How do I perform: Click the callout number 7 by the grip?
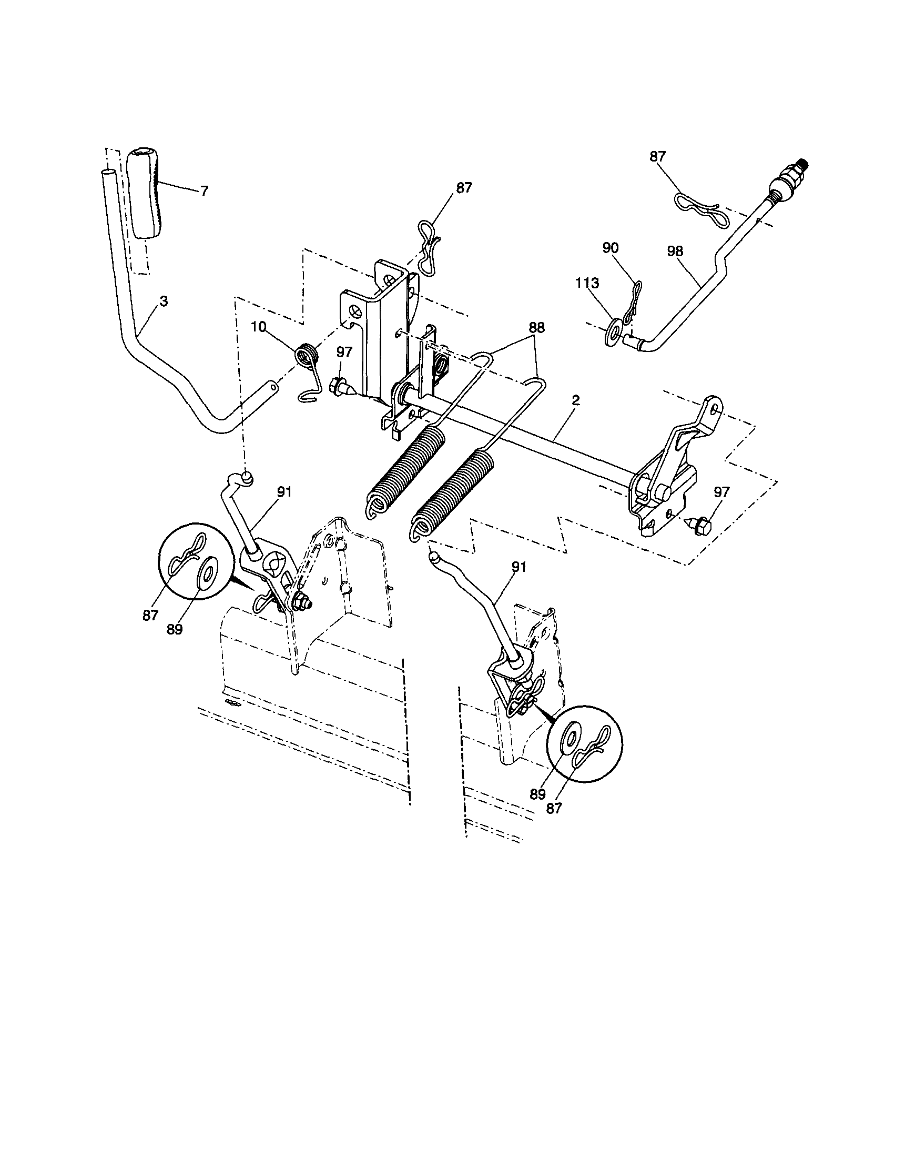coord(204,191)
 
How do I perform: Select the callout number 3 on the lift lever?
coord(164,301)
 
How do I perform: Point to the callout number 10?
coord(259,327)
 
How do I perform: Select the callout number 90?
coord(610,248)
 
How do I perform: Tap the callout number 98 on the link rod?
coord(675,251)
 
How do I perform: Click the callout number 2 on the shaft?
coord(576,399)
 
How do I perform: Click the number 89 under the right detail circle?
coord(538,794)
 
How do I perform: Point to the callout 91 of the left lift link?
coord(284,492)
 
